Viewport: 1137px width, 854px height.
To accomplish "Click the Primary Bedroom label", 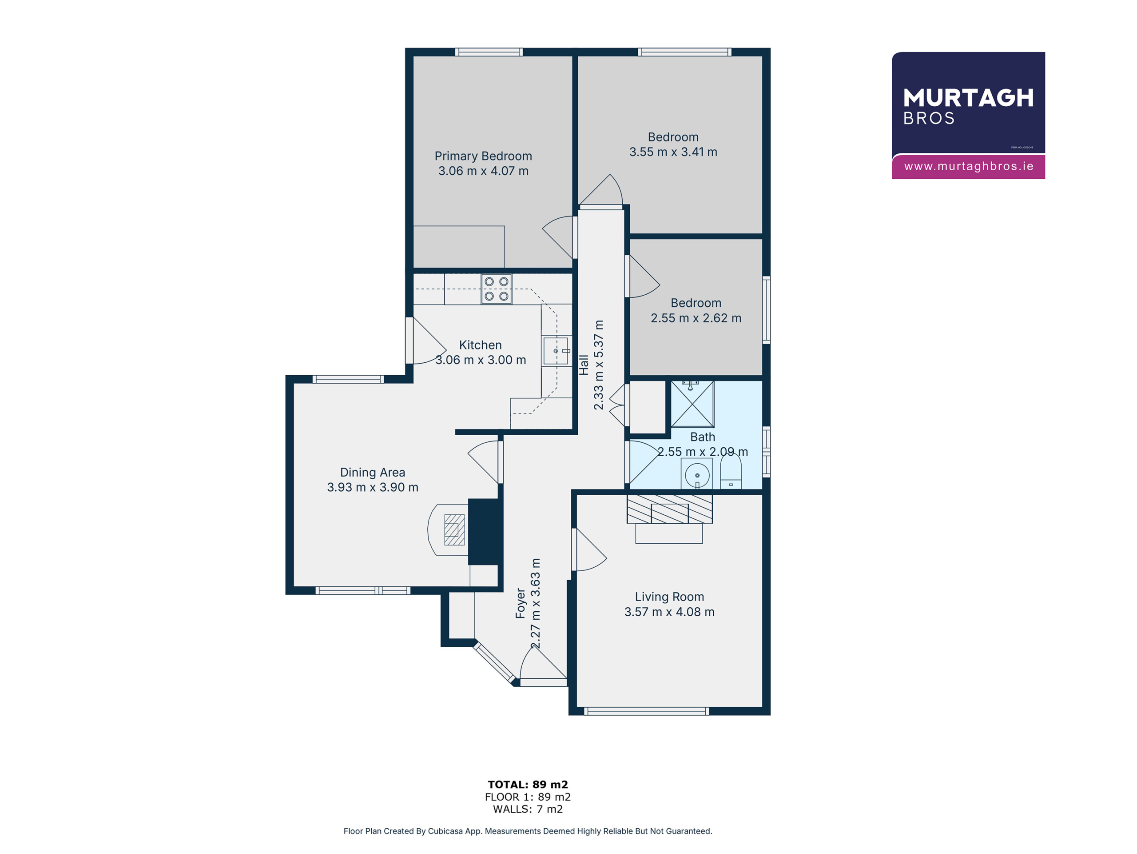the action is pos(483,156).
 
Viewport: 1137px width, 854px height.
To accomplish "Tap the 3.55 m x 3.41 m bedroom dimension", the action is pos(673,152).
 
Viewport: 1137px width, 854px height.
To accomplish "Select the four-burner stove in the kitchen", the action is pos(497,289).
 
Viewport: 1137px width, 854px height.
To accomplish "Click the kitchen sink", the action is pos(556,351).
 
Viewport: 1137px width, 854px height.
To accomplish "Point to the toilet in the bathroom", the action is pos(731,471).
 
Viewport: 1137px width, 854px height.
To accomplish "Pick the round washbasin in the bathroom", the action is pos(697,474).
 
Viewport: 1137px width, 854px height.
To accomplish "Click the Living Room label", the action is pos(669,597).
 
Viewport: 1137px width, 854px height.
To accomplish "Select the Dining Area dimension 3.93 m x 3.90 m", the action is pos(373,487).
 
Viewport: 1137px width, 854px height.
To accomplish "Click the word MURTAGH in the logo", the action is pos(968,98).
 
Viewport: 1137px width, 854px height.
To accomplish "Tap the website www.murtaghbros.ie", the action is pos(968,166).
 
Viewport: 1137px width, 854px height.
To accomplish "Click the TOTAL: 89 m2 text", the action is pos(528,785).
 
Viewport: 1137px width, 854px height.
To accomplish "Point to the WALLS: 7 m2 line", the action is pos(528,809).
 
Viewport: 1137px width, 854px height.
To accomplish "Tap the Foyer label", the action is pos(520,603).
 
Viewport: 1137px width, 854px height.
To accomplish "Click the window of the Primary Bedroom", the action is pos(489,52).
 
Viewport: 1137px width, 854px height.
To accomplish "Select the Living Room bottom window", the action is pos(647,711).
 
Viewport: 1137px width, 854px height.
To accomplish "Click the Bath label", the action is pos(703,437).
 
